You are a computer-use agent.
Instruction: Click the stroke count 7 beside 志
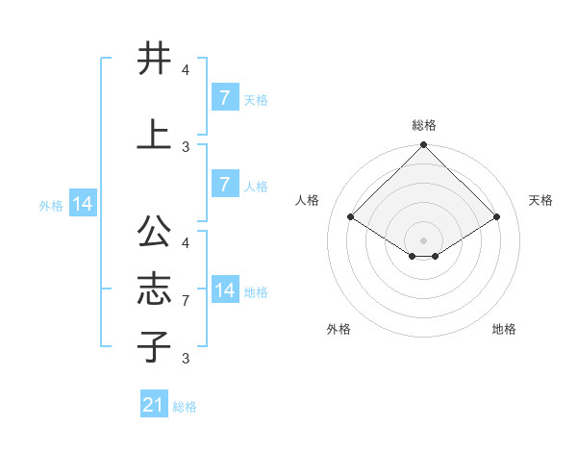pos(186,301)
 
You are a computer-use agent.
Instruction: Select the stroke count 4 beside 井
pos(186,70)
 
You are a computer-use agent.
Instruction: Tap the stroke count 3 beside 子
pos(186,359)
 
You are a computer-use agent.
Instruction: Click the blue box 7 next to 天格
pos(224,98)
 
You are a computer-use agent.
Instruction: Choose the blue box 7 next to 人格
pos(224,185)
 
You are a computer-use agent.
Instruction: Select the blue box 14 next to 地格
pos(224,290)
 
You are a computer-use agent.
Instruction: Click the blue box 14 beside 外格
pos(82,204)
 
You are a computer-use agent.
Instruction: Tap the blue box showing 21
pos(154,405)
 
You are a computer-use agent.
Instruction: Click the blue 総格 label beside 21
pos(185,407)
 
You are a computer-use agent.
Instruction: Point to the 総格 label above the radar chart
pos(424,125)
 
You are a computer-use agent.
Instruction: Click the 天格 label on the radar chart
pos(541,200)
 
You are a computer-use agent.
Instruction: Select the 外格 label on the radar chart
pos(339,329)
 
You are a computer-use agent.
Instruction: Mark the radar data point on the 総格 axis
pos(424,145)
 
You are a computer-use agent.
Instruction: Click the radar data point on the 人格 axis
pos(351,217)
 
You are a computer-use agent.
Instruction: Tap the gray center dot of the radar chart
pos(424,239)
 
